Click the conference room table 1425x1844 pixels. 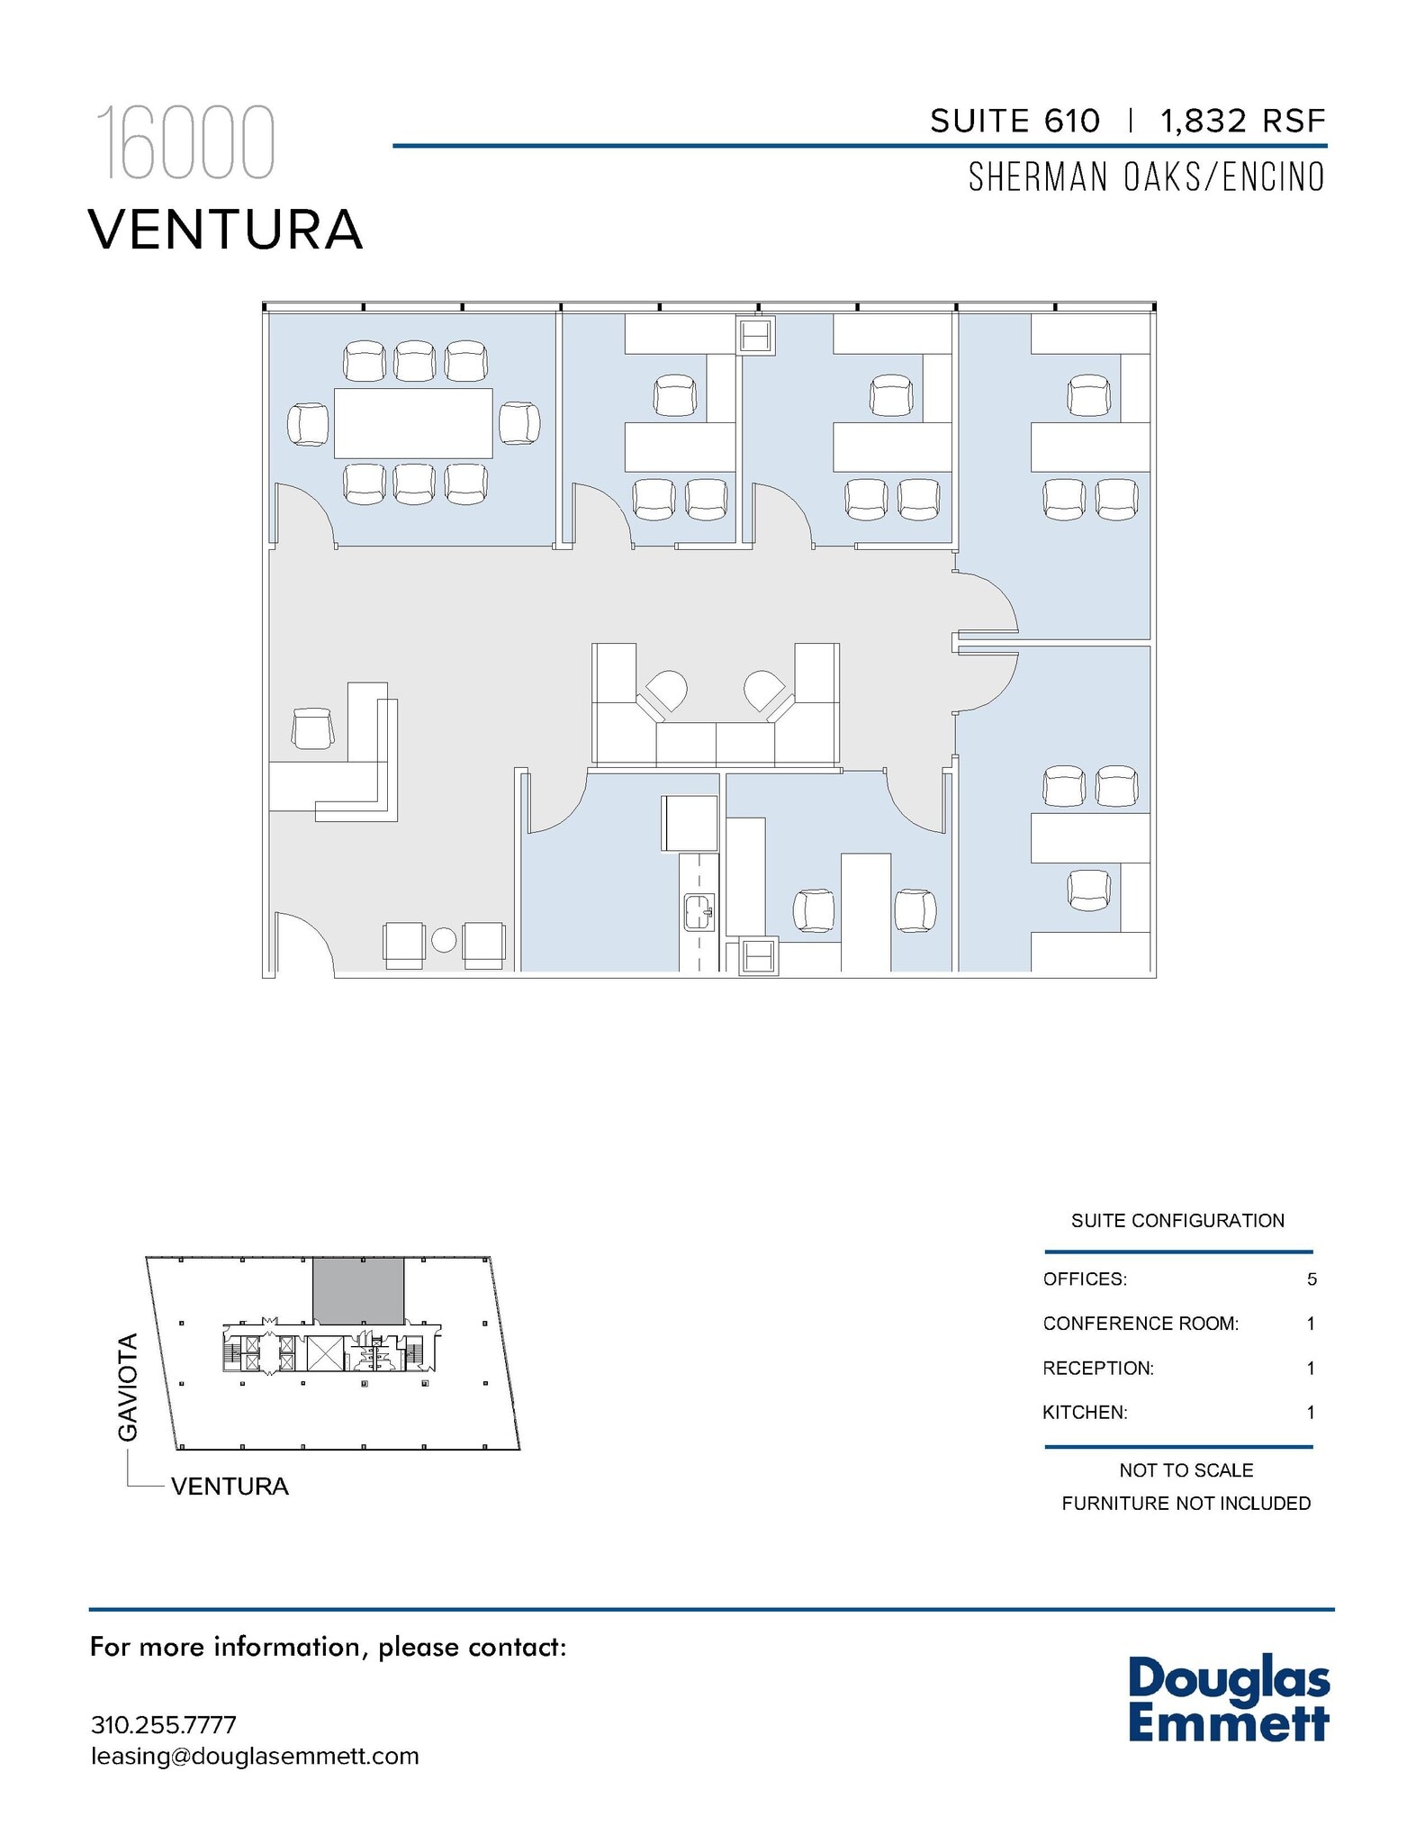point(413,422)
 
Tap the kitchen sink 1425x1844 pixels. point(699,911)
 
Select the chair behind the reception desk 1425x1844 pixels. point(313,728)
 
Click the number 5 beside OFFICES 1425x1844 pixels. point(1312,1279)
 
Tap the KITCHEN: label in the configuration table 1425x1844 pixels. point(1085,1413)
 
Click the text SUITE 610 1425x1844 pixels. point(1015,121)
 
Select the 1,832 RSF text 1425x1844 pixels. point(1243,121)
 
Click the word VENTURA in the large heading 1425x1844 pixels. point(226,230)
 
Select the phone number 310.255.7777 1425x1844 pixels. point(164,1725)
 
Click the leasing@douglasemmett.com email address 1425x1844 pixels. point(255,1757)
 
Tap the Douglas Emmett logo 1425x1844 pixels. point(1228,1699)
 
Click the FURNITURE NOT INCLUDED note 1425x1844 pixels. point(1186,1504)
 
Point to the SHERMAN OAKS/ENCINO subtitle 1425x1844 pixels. point(1146,177)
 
